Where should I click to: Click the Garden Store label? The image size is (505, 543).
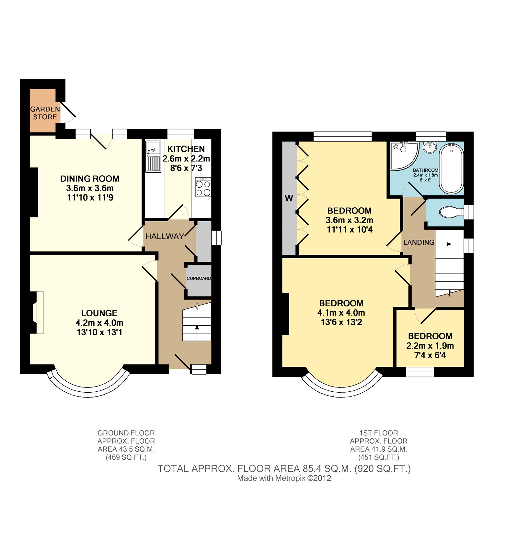(x=45, y=113)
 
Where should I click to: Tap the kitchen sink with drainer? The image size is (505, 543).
(x=153, y=156)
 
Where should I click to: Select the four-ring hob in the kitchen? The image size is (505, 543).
(x=203, y=187)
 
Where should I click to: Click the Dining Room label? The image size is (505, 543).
(x=90, y=179)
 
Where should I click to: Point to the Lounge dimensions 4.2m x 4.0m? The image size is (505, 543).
(x=99, y=323)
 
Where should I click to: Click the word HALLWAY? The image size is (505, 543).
(x=165, y=237)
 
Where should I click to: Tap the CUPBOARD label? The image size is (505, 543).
(x=199, y=278)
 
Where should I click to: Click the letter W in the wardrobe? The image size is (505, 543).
(x=289, y=198)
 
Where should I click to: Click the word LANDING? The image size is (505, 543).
(x=419, y=242)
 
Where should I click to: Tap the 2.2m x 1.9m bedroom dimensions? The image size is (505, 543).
(x=430, y=346)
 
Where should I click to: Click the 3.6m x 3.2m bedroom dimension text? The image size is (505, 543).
(x=350, y=220)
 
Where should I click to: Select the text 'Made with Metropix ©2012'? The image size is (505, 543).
(x=284, y=478)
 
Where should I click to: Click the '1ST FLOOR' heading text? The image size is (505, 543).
(x=379, y=433)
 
